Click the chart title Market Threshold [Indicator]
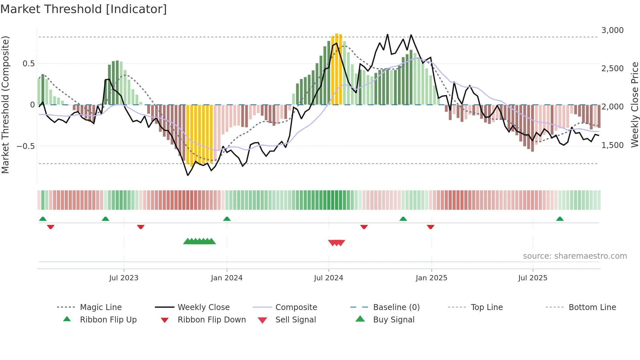84,9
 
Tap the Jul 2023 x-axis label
124,278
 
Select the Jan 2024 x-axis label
227,278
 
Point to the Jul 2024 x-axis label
328,278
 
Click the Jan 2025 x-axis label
431,278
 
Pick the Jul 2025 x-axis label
533,278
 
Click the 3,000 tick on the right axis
612,30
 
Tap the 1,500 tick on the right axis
612,145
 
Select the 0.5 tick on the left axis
28,64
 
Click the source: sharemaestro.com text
575,256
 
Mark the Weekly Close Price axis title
634,105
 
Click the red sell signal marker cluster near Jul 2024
337,243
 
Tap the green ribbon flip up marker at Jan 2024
227,219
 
